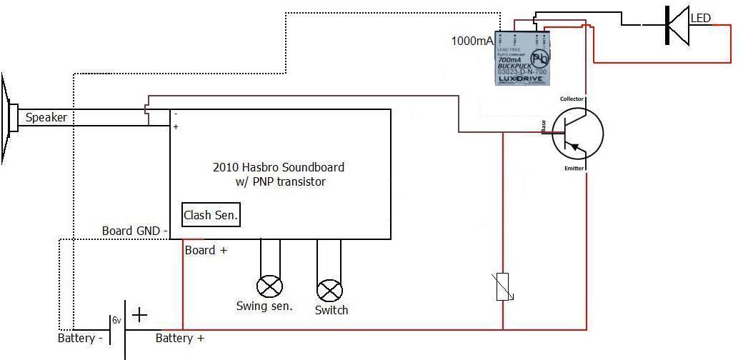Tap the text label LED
coord(701,18)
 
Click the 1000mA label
coord(472,41)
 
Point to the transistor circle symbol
coord(577,134)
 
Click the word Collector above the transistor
coord(572,99)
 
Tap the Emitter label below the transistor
coord(574,169)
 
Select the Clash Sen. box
coord(211,214)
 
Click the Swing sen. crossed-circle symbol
coord(269,287)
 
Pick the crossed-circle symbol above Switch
coord(329,290)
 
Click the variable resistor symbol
coord(503,286)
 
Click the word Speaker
coord(46,118)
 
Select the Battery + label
coord(180,338)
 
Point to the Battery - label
coord(80,338)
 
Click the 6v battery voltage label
coord(116,321)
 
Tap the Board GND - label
coord(135,231)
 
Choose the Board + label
coord(206,250)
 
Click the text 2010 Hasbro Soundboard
coord(279,167)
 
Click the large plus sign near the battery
coord(139,314)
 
